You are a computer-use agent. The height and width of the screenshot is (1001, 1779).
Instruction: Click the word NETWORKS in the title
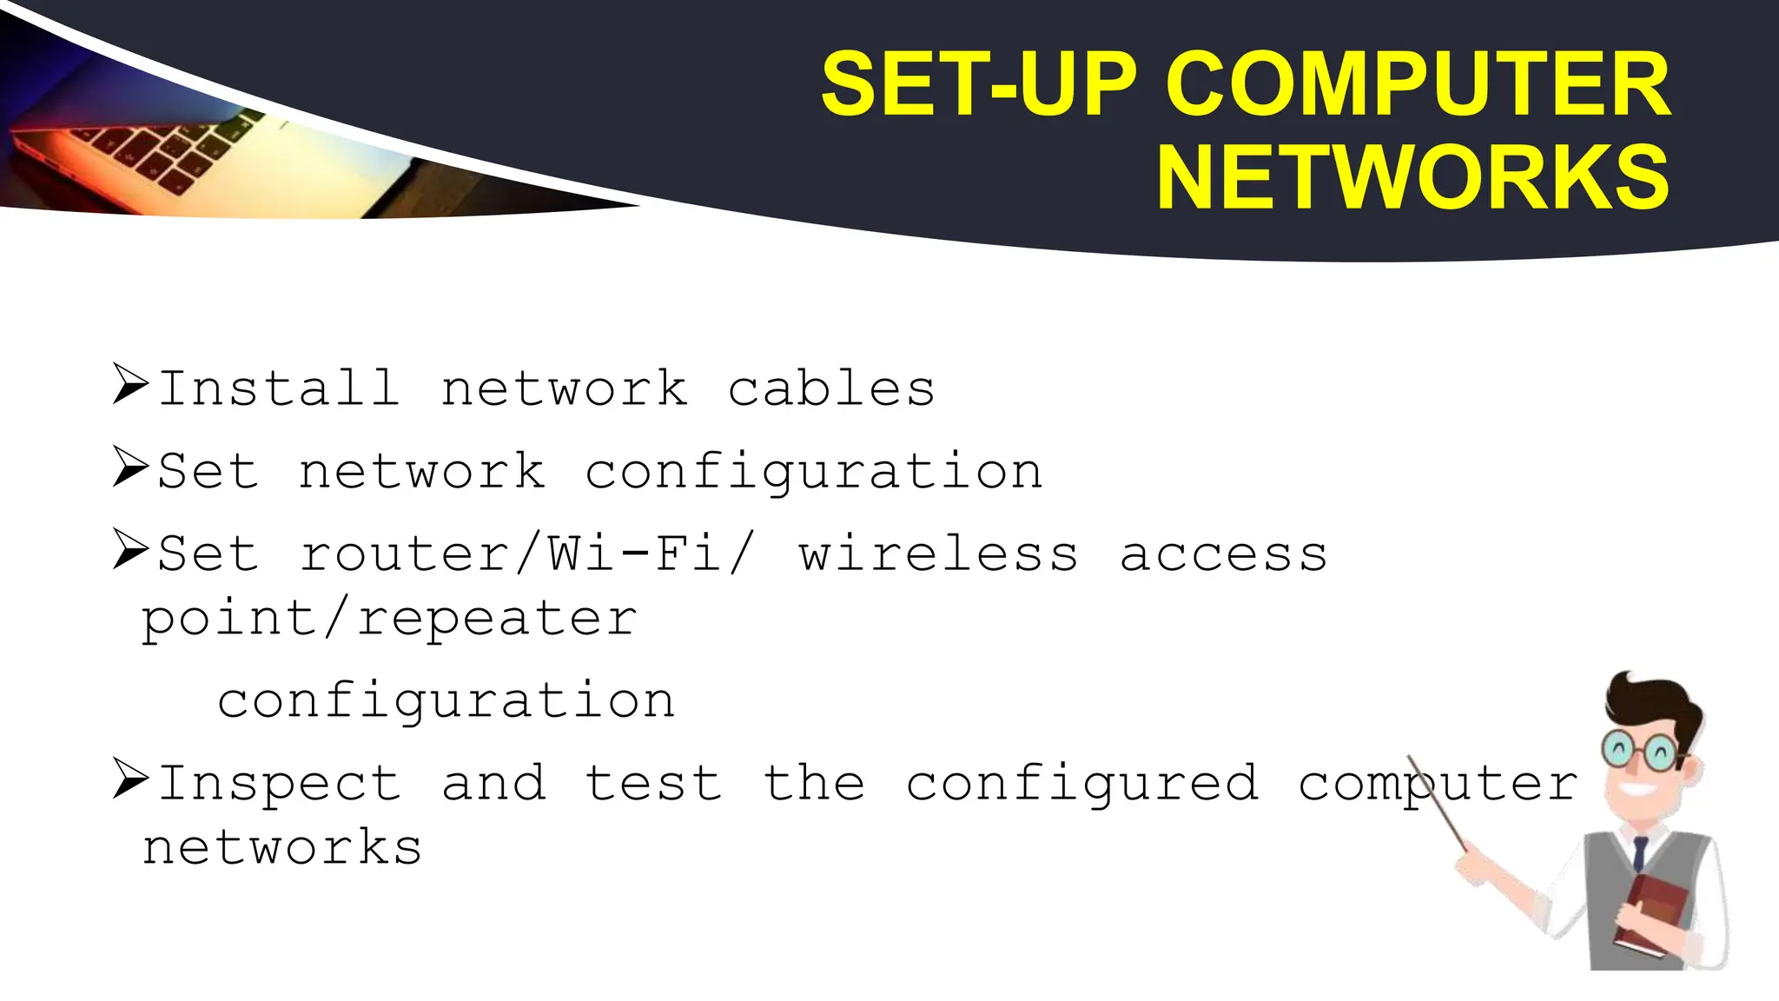tap(1412, 178)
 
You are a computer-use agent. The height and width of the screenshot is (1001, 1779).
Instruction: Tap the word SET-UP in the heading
tap(979, 84)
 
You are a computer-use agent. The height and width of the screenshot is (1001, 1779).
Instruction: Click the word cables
tap(831, 388)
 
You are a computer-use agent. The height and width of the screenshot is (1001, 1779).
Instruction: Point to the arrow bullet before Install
tap(131, 385)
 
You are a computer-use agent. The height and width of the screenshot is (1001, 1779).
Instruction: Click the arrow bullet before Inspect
tap(131, 779)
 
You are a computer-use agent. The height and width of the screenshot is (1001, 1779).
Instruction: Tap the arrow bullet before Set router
tap(131, 551)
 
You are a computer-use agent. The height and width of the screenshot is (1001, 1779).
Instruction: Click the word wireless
tap(939, 554)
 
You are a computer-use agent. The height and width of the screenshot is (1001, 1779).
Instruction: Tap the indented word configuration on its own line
tap(446, 700)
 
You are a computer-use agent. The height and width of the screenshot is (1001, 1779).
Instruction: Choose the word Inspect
tap(279, 783)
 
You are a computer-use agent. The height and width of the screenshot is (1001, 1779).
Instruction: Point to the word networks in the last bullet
tap(282, 848)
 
